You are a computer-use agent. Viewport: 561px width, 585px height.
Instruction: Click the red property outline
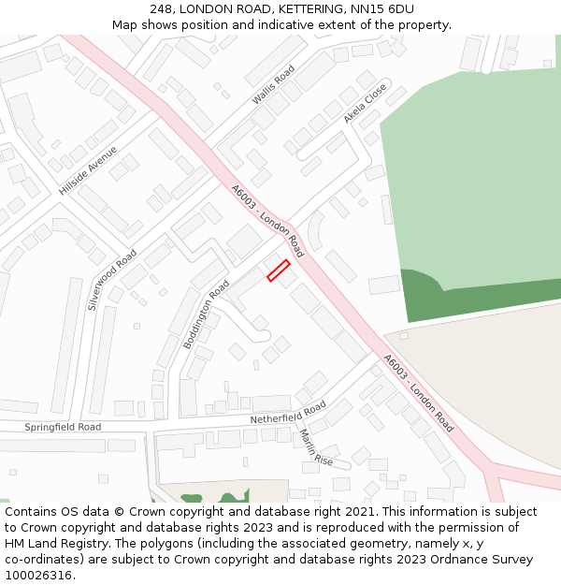(x=279, y=271)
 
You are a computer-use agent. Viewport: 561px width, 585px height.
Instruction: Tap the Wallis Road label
(x=273, y=85)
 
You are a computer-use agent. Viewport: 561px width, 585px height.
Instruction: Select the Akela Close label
(x=365, y=103)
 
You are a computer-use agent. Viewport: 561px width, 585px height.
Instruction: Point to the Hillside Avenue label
(x=88, y=170)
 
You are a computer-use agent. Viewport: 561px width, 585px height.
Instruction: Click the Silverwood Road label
(x=112, y=279)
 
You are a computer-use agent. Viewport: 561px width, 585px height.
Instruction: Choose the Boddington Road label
(x=206, y=314)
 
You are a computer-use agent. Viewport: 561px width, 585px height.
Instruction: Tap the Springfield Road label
(x=63, y=427)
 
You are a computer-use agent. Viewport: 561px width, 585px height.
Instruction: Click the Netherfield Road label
(x=288, y=413)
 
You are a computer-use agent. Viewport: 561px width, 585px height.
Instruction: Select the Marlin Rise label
(x=316, y=447)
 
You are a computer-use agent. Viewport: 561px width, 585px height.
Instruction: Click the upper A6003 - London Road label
(x=267, y=220)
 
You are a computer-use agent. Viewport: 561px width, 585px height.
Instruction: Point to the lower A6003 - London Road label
(x=418, y=393)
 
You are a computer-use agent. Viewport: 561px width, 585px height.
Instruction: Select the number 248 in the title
(x=161, y=8)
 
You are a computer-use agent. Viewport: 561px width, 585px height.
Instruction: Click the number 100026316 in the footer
(x=39, y=575)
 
